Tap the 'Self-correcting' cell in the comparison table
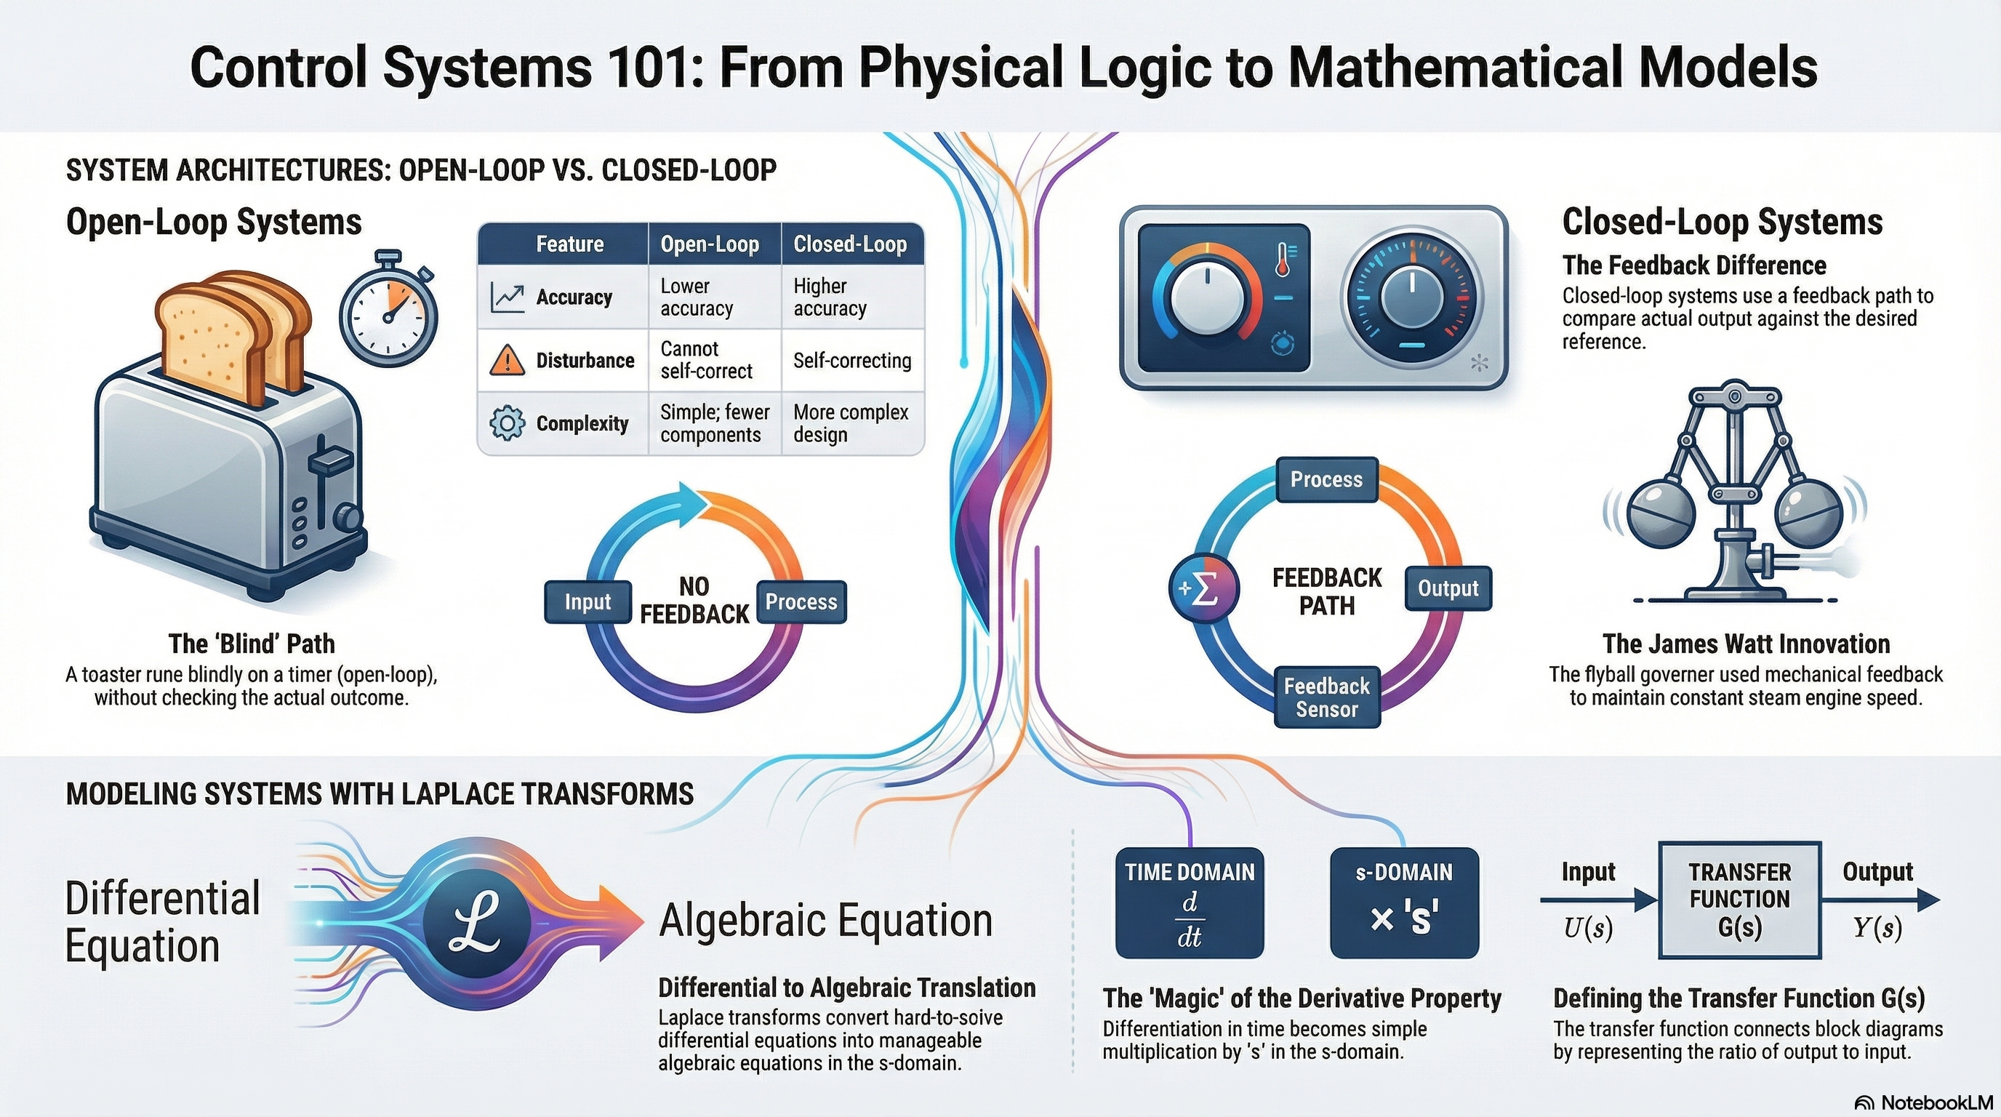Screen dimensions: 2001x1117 [852, 361]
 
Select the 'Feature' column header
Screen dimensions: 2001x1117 [569, 244]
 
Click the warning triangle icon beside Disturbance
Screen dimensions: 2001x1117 [507, 360]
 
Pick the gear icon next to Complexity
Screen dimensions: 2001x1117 [507, 423]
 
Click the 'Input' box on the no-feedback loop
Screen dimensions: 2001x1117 [588, 602]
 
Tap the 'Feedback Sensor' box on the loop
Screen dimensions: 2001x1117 [1327, 697]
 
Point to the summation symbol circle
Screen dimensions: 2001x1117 [1203, 589]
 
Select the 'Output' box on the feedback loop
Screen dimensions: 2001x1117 [1448, 588]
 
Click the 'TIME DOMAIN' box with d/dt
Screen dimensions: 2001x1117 [1190, 902]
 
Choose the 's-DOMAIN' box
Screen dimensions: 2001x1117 [1403, 902]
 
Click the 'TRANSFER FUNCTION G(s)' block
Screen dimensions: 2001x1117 [1740, 900]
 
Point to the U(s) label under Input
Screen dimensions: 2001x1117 [1588, 927]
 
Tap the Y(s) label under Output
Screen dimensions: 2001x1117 [1877, 927]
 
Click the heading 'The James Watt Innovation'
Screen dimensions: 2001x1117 [1747, 644]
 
